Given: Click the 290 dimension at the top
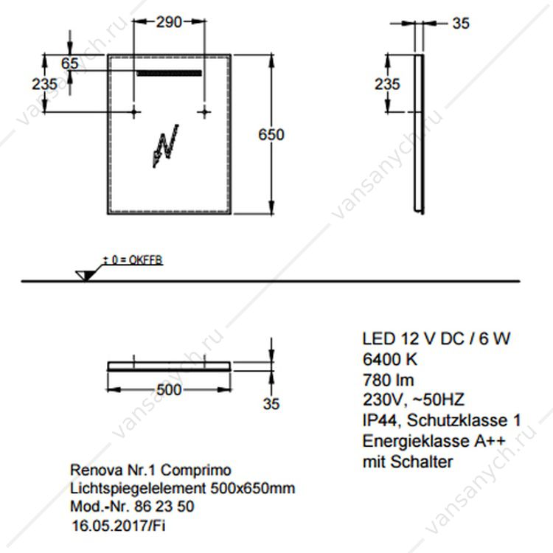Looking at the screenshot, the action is [170, 22].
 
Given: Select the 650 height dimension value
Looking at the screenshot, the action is [271, 135].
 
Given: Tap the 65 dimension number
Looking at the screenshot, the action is [69, 63].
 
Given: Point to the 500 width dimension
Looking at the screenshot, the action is [169, 390].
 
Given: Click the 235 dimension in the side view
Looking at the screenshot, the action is [387, 84].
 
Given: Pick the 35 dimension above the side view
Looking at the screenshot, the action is [461, 24].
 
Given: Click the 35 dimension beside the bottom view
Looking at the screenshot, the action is [271, 404].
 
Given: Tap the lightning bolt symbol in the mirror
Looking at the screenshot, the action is [165, 146].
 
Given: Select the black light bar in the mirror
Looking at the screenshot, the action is [170, 73].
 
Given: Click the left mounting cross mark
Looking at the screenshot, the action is [133, 113].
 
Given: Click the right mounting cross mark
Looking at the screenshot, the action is [204, 113].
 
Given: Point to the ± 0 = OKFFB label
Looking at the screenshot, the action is [133, 260].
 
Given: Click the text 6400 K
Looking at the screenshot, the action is [390, 360].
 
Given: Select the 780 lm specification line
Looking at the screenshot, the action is [388, 380].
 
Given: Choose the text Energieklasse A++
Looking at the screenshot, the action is [434, 441].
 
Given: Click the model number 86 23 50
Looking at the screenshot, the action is [164, 507].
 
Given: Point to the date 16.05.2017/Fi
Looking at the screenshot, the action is [119, 526].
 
